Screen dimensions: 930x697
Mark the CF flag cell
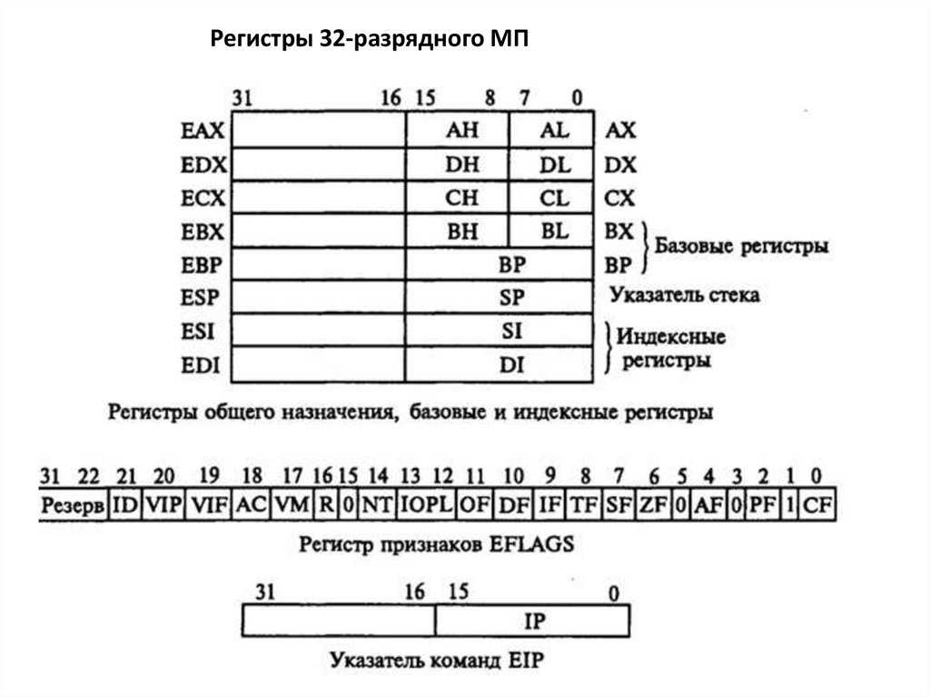point(817,504)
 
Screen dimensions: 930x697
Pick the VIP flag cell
point(163,504)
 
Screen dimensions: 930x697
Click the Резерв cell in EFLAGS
point(72,504)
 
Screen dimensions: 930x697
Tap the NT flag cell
point(376,504)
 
